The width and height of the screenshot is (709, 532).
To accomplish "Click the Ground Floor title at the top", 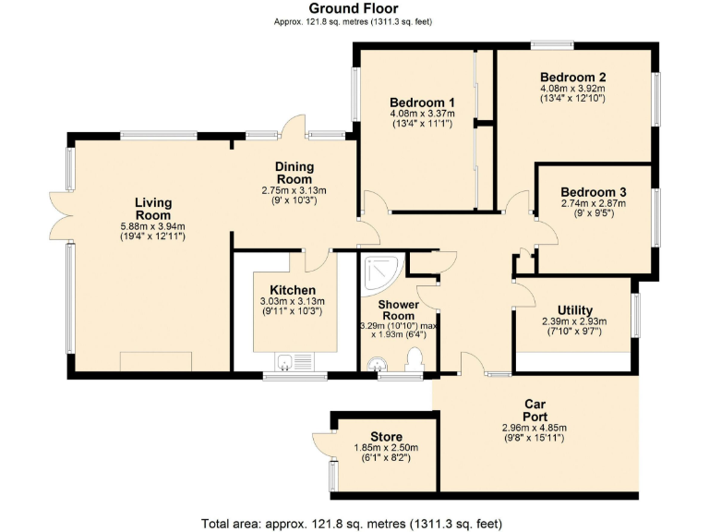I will tap(354, 8).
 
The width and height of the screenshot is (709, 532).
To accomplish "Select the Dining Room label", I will tap(294, 173).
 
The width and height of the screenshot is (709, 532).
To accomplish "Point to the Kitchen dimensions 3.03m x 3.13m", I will tap(292, 301).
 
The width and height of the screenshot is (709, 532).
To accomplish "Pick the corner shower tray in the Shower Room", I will tap(380, 271).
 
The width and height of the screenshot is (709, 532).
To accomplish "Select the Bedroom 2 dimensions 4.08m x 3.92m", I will tap(572, 89).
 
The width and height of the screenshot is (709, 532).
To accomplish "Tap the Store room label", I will tap(386, 436).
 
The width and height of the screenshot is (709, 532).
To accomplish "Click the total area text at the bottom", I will tap(354, 523).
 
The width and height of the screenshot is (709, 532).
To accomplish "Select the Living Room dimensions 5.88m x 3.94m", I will tap(153, 226).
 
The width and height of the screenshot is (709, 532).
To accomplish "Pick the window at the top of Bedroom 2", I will tap(552, 44).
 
